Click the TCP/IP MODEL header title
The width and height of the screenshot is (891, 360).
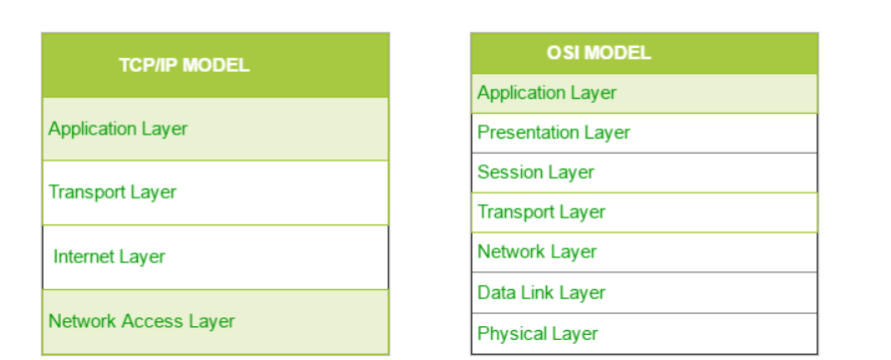point(185,65)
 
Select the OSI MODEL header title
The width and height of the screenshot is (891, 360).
point(599,53)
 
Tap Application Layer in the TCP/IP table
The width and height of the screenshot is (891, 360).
point(118,129)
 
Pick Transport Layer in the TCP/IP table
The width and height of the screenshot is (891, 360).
point(113,191)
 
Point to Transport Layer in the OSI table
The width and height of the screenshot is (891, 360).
point(542,211)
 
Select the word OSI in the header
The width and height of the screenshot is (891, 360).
point(563,53)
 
